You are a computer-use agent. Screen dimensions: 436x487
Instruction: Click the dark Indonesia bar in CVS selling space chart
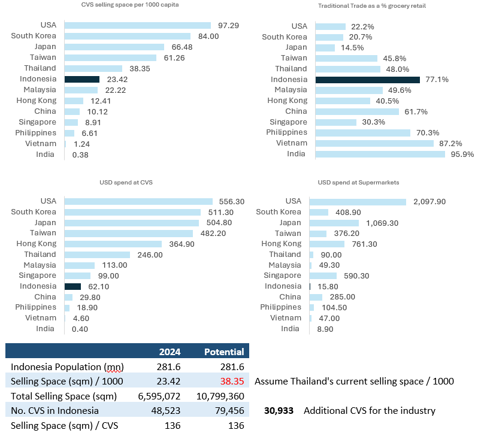[x=82, y=79]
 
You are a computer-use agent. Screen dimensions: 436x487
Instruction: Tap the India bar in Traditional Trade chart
[x=380, y=154]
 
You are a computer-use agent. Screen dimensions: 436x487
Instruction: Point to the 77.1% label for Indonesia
[x=436, y=79]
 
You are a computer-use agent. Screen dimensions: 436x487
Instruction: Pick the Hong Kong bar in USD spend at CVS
[x=113, y=244]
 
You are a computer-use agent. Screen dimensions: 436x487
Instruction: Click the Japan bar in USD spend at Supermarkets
[x=334, y=223]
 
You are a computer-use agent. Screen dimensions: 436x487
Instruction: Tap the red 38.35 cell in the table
[x=232, y=381]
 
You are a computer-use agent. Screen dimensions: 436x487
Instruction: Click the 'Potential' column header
[x=224, y=352]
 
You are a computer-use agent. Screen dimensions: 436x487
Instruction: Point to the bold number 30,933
[x=279, y=411]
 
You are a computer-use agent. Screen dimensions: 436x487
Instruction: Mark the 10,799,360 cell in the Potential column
[x=220, y=396]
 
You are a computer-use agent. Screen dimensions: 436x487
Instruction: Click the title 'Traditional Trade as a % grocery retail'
[x=367, y=5]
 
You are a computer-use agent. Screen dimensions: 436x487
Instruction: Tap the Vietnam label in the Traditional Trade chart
[x=292, y=143]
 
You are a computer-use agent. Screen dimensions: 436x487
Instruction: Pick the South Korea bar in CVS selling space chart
[x=128, y=36]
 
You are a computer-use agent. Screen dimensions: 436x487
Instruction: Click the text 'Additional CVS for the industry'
[x=370, y=411]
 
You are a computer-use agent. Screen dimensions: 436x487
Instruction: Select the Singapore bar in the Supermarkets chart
[x=323, y=275]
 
